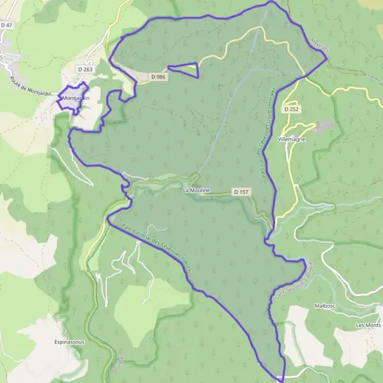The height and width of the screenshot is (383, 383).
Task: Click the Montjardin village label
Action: [x=76, y=98]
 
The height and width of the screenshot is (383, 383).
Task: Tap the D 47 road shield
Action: [x=7, y=25]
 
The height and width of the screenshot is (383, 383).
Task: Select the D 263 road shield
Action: [x=85, y=68]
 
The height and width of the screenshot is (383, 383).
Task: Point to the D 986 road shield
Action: [x=158, y=77]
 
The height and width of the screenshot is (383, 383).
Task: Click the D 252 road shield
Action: [x=292, y=109]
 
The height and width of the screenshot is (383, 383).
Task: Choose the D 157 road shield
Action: [x=240, y=191]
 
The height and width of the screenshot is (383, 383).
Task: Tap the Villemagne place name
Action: [x=293, y=138]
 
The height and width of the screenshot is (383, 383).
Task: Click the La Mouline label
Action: [x=196, y=190]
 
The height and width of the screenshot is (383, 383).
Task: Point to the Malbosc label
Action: [x=325, y=306]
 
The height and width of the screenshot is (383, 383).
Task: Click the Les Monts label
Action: [x=368, y=325]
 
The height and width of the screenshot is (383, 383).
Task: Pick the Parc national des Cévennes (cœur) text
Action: [x=154, y=246]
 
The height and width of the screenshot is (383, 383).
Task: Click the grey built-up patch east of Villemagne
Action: [x=324, y=126]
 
